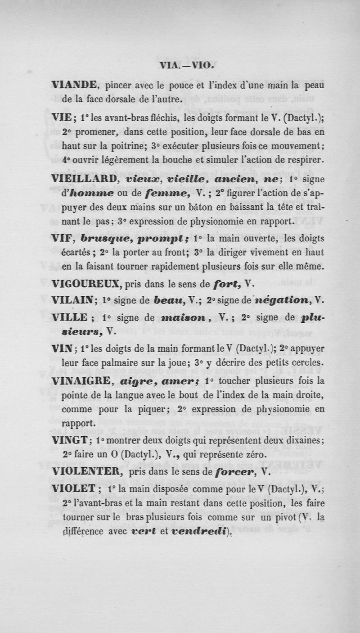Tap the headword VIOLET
click(x=72, y=489)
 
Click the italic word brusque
click(x=114, y=238)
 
